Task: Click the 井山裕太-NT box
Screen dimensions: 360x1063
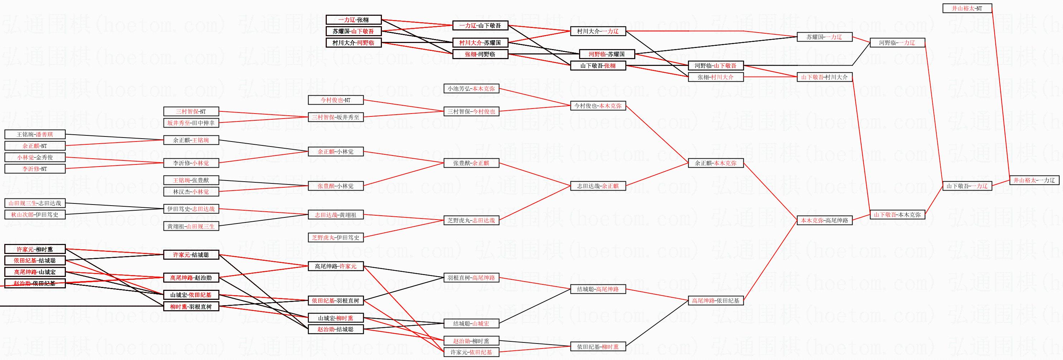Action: pyautogui.click(x=967, y=8)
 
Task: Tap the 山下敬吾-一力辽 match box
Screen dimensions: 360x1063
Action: pyautogui.click(x=967, y=186)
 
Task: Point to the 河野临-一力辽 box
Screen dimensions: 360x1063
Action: pyautogui.click(x=897, y=43)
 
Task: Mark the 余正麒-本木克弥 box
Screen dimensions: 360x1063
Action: pyautogui.click(x=715, y=163)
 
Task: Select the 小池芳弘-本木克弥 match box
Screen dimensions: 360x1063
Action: pyautogui.click(x=471, y=88)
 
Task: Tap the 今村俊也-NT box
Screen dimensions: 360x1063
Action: pyautogui.click(x=335, y=100)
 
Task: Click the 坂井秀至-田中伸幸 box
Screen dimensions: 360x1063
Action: pyautogui.click(x=191, y=123)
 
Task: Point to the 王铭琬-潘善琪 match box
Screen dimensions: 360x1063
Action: pyautogui.click(x=35, y=135)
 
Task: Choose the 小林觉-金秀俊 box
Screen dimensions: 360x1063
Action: pyautogui.click(x=35, y=157)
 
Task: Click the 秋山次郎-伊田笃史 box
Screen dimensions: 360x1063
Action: pyautogui.click(x=35, y=215)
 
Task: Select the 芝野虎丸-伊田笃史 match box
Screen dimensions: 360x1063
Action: pyautogui.click(x=335, y=238)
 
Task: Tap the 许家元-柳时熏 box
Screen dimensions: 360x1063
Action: pyautogui.click(x=35, y=249)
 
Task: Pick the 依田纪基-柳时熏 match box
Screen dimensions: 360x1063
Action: pyautogui.click(x=598, y=347)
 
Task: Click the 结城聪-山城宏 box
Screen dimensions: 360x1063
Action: pyautogui.click(x=471, y=324)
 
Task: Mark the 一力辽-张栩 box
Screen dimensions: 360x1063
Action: pyautogui.click(x=353, y=20)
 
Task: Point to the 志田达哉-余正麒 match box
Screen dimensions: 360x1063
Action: pyautogui.click(x=598, y=186)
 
